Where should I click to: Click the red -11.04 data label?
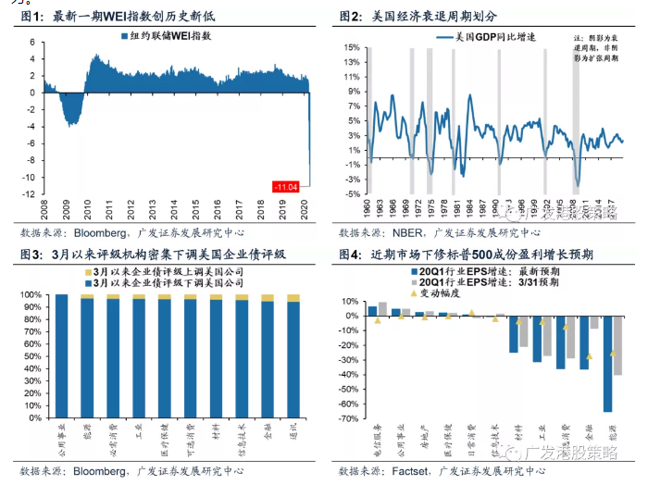tap(286, 187)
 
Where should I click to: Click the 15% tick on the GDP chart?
tap(353, 45)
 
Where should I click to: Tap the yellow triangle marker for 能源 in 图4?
tap(613, 354)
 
